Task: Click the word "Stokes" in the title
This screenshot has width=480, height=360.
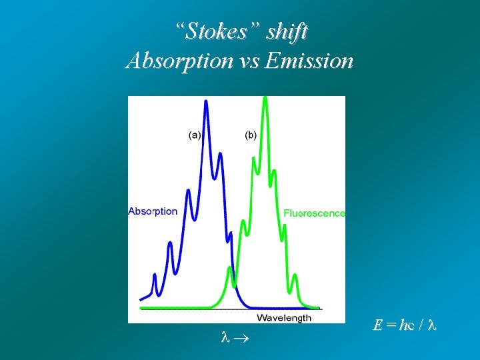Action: [x=220, y=31]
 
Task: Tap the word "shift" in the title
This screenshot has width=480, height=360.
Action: [x=288, y=31]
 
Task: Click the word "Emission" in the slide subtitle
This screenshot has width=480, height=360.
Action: [x=309, y=61]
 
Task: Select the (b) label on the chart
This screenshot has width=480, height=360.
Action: [x=250, y=135]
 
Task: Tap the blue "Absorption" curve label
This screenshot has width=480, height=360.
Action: [x=153, y=211]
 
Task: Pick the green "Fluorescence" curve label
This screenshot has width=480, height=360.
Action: [x=315, y=213]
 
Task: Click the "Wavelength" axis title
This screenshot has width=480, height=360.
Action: [x=284, y=317]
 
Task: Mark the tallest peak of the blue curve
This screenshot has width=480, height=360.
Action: [x=206, y=102]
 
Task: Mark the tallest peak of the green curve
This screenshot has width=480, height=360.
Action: [x=265, y=98]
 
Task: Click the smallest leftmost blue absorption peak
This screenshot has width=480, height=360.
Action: [x=155, y=275]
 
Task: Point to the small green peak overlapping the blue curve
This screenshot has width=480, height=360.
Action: [x=230, y=269]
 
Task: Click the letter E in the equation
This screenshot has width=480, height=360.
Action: [x=377, y=325]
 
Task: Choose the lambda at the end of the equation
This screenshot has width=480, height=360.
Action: [x=431, y=325]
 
